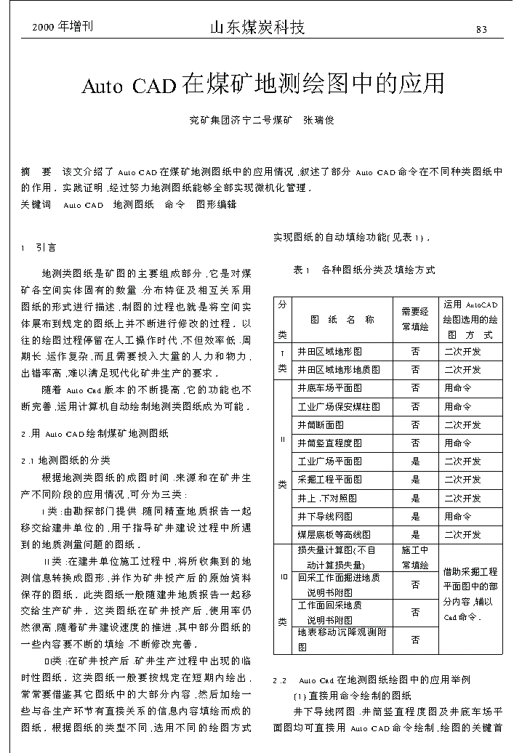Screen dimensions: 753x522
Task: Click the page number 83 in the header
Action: pos(481,30)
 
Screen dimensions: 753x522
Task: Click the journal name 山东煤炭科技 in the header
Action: pos(257,28)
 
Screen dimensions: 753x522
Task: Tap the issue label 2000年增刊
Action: pos(63,28)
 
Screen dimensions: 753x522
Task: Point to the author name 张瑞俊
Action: pos(318,120)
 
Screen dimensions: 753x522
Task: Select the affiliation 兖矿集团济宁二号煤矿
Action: pos(240,120)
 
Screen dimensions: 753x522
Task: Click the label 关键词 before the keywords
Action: pos(36,205)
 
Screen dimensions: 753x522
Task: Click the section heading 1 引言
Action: pos(39,248)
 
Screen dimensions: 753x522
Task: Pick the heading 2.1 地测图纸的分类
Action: pos(66,460)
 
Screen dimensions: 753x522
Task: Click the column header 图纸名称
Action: pos(342,319)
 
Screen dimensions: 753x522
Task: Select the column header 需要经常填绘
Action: pos(415,319)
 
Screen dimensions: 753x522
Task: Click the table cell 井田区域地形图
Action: pos(334,352)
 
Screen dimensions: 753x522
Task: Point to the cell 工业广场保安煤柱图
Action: pos(339,407)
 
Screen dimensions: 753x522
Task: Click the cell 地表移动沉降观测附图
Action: pos(342,639)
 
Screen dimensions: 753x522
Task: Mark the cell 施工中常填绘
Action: pos(415,557)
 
